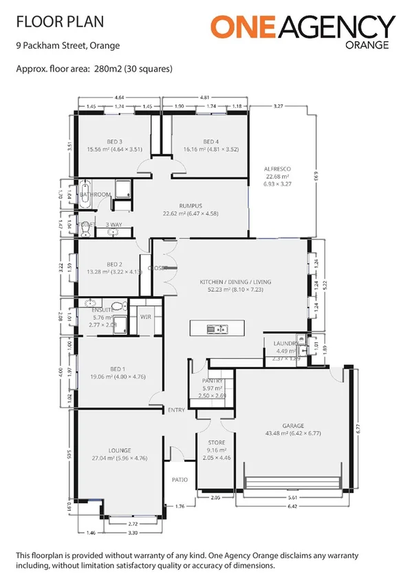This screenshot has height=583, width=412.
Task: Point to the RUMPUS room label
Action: (189, 205)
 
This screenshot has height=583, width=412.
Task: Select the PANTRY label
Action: (210, 380)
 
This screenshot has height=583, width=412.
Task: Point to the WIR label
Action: (145, 317)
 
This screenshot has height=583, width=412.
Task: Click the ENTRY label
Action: (176, 410)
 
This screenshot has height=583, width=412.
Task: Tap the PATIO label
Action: (180, 481)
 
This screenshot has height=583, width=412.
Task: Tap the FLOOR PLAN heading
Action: (60, 22)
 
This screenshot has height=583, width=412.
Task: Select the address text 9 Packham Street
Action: (50, 46)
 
